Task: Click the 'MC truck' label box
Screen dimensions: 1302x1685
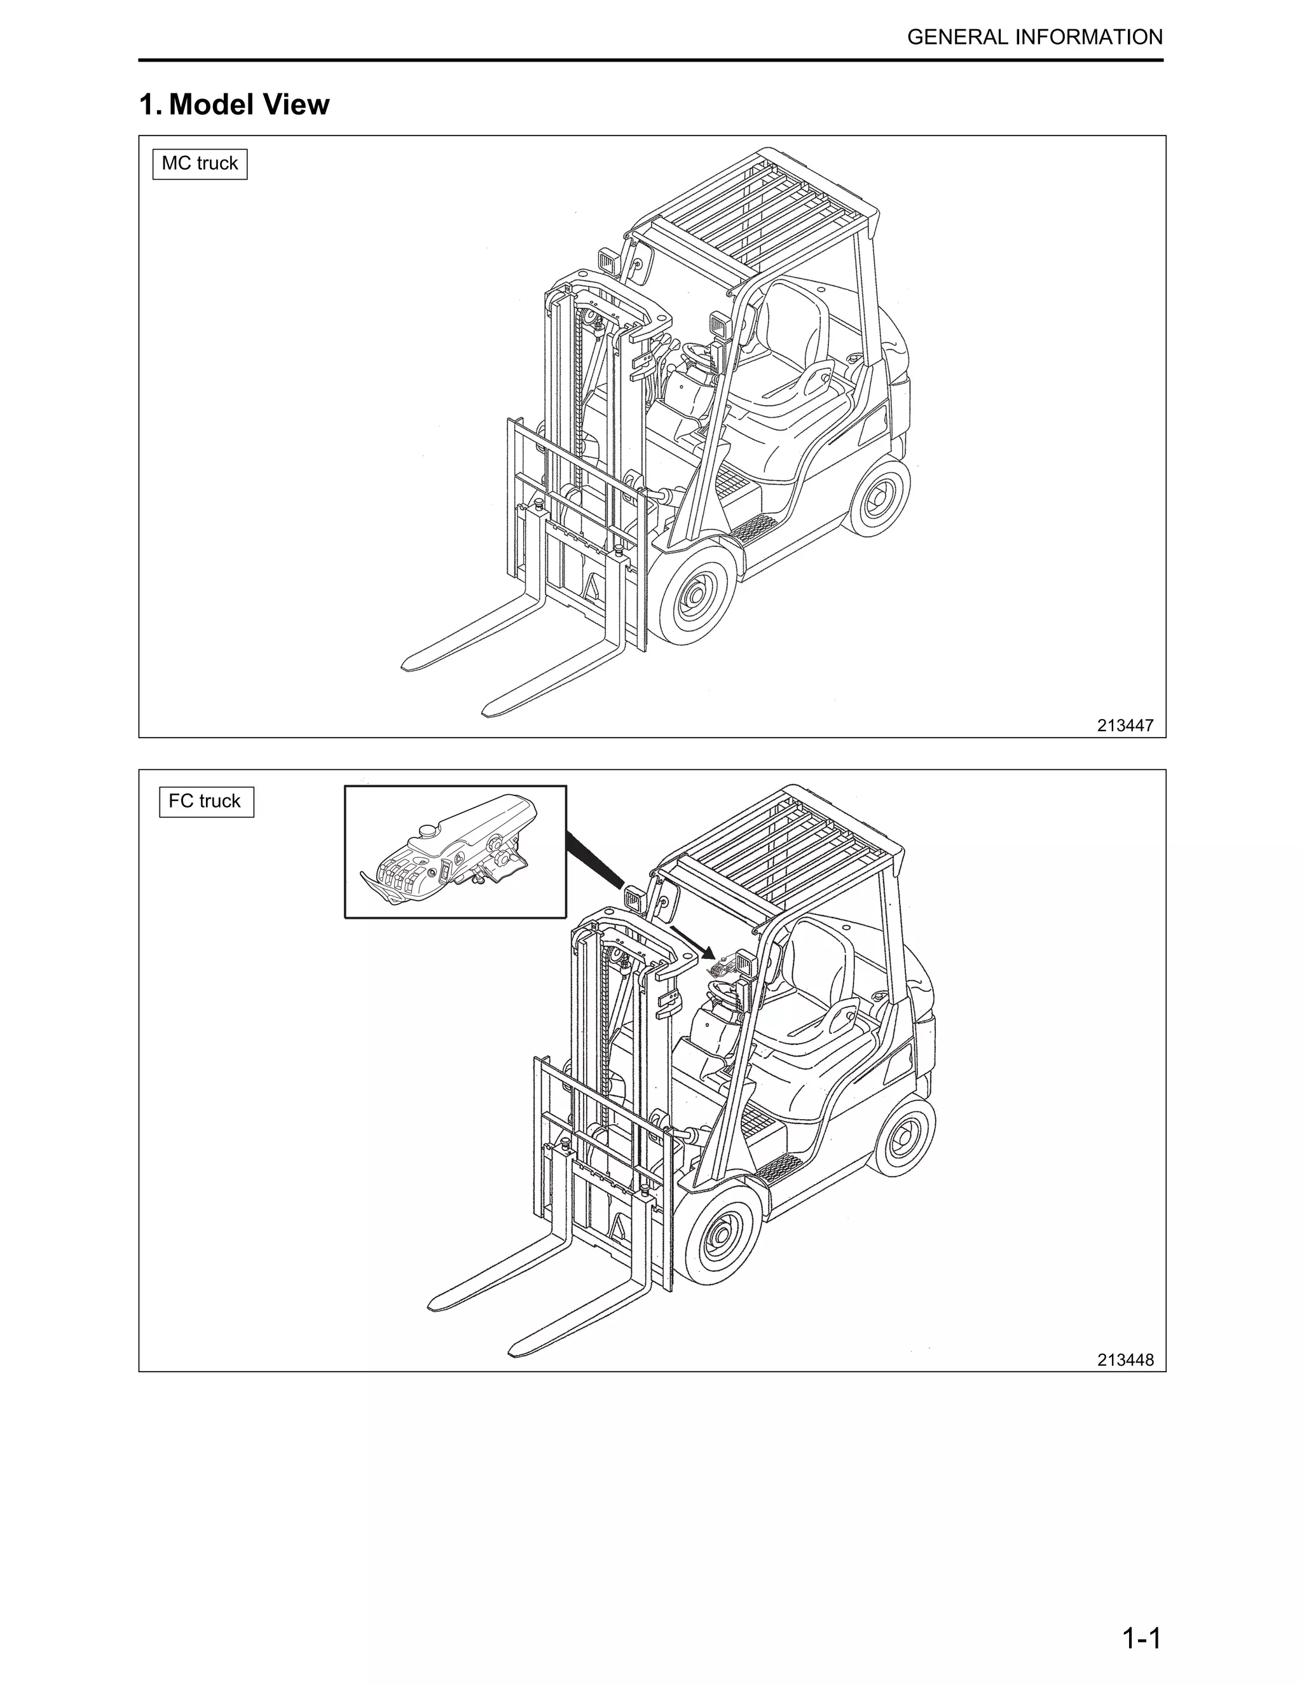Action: point(200,163)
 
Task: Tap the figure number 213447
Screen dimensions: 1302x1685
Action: point(1125,726)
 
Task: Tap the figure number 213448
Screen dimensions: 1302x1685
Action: point(1125,1359)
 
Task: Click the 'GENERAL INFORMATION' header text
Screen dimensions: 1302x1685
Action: point(1035,37)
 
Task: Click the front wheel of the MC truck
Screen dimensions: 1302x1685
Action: point(695,596)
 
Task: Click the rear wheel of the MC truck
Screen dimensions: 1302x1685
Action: point(879,499)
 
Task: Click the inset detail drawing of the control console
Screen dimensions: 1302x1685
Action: point(455,852)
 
